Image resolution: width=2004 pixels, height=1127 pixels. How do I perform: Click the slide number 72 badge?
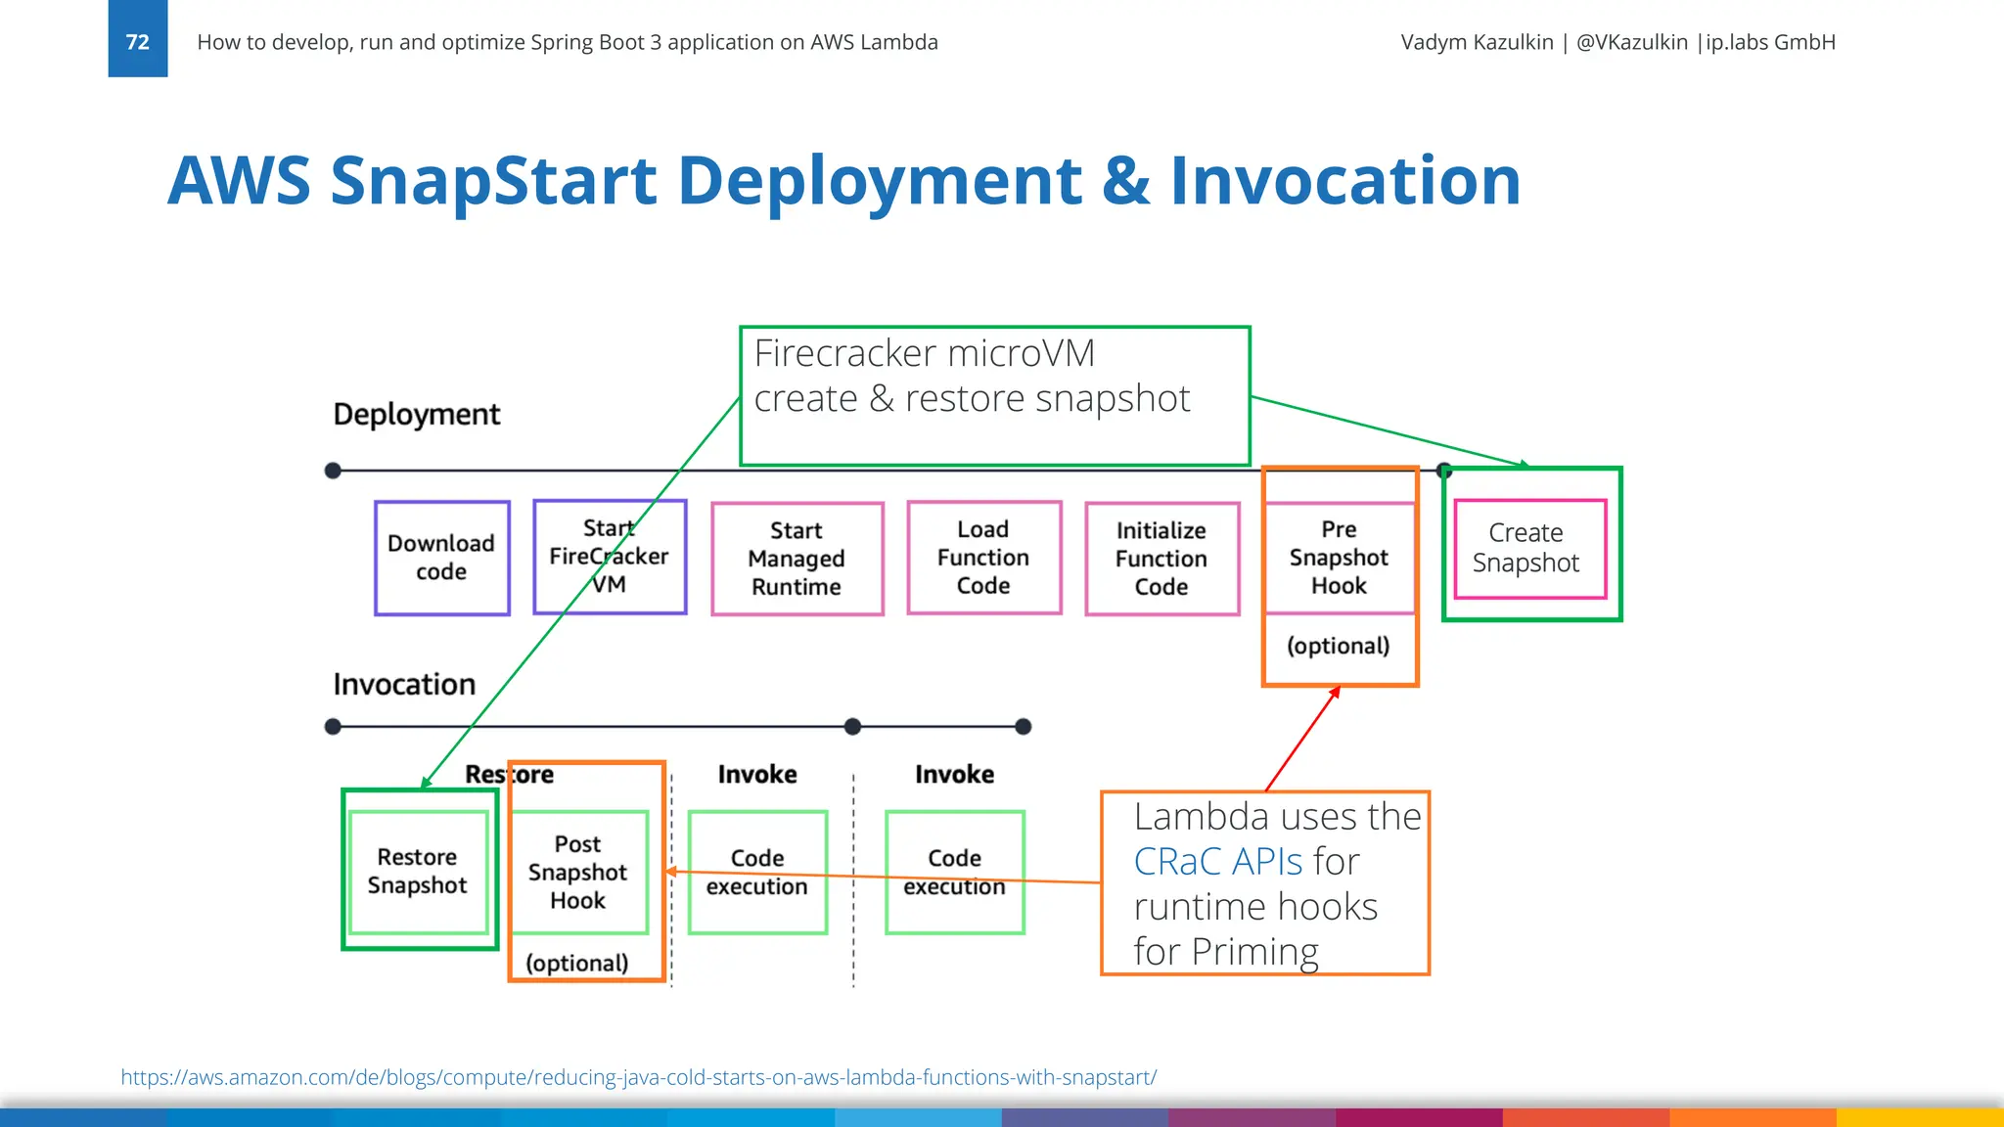tap(137, 41)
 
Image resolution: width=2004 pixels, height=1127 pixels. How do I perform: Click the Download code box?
tap(441, 558)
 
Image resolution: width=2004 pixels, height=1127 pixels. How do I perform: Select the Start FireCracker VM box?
tap(610, 557)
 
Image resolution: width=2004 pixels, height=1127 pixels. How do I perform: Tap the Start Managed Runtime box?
tap(797, 559)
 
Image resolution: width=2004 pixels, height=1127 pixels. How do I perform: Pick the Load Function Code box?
tap(983, 558)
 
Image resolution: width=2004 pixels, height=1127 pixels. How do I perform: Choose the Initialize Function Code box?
tap(1161, 559)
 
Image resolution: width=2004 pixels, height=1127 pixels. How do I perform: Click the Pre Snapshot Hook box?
tap(1339, 558)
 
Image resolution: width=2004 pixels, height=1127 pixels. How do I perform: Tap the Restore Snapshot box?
tap(418, 871)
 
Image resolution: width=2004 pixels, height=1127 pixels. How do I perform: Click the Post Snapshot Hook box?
tap(578, 872)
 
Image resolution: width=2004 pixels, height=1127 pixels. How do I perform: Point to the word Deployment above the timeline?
tap(416, 414)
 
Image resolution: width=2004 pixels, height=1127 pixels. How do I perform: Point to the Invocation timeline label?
tap(404, 684)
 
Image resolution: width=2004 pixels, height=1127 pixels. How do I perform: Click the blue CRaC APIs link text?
tap(1218, 862)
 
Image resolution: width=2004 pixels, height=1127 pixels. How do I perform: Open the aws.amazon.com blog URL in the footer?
tap(638, 1077)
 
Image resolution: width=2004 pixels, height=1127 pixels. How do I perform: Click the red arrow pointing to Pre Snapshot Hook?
tap(1302, 739)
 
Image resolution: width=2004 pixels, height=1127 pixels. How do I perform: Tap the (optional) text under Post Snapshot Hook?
tap(577, 963)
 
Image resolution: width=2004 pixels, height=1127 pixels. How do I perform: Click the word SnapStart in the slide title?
tap(494, 181)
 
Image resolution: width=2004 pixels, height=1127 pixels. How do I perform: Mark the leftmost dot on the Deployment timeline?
tap(333, 471)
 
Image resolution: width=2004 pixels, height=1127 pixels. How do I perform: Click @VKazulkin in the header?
tap(1631, 42)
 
